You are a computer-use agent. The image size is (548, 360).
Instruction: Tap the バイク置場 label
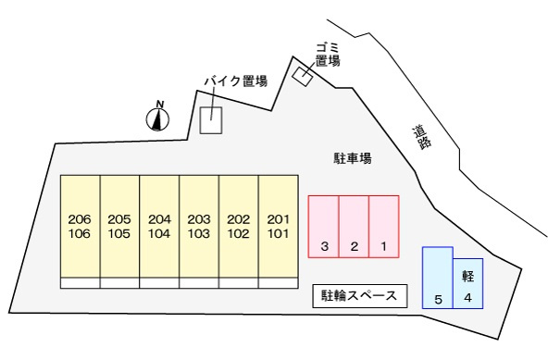[x=235, y=81]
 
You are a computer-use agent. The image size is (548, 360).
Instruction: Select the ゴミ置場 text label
[x=327, y=54]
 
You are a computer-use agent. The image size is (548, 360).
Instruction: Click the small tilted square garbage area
[x=302, y=75]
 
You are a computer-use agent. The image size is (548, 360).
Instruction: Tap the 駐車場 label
[x=352, y=158]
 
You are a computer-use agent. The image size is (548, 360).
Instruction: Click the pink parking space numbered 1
[x=384, y=225]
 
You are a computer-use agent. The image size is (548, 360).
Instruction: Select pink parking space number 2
[x=354, y=225]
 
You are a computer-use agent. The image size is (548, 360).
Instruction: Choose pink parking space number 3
[x=324, y=225]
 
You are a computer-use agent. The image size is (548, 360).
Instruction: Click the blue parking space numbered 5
[x=438, y=277]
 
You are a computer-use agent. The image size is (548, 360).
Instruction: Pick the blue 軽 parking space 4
[x=468, y=285]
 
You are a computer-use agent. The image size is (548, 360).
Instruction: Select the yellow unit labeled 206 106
[x=80, y=226]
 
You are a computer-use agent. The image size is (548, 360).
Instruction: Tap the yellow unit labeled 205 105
[x=119, y=226]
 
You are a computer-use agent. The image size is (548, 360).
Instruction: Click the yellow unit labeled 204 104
[x=159, y=226]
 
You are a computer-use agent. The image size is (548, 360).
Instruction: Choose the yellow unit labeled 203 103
[x=199, y=226]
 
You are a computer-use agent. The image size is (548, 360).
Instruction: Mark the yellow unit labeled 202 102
[x=239, y=226]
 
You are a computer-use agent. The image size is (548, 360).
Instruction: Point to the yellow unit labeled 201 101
[x=278, y=226]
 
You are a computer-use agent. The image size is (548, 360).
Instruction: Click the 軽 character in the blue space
[x=467, y=277]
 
